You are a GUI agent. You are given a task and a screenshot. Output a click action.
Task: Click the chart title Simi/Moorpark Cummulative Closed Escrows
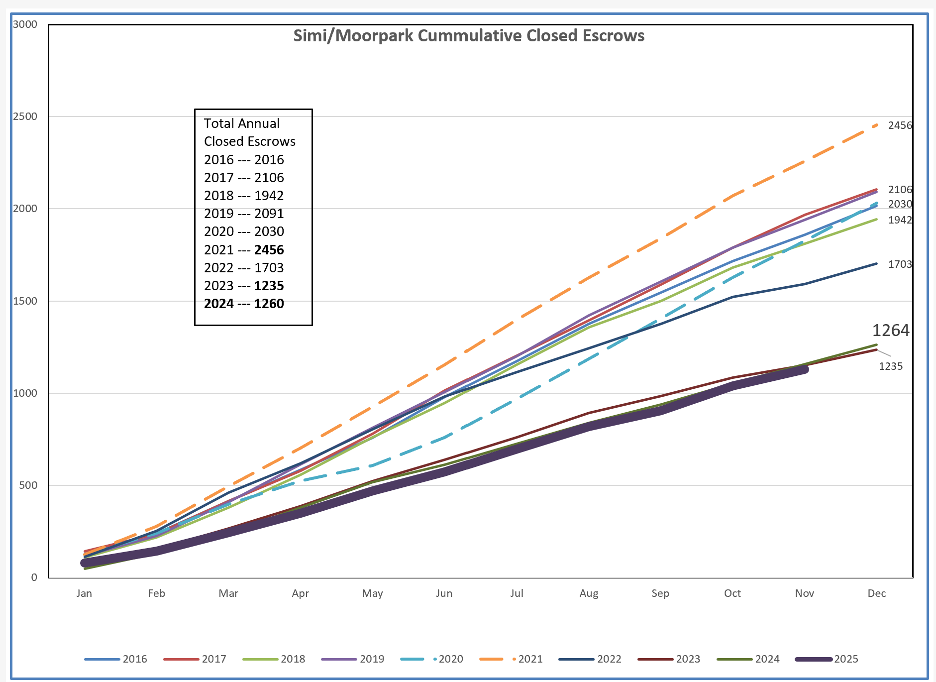468,36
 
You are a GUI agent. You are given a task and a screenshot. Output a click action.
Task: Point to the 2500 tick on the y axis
25,116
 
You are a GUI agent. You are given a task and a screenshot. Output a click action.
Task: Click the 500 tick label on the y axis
28,485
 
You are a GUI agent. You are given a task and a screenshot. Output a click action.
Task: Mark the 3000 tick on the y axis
25,24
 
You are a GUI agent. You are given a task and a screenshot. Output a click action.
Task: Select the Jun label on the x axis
444,593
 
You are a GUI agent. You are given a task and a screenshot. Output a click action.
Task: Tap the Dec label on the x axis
876,593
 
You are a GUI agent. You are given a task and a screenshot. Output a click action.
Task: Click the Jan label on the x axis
84,593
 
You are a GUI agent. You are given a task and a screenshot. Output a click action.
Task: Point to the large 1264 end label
890,331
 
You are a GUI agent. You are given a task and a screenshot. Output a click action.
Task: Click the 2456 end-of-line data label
900,125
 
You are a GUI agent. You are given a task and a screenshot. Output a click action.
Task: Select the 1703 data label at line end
900,264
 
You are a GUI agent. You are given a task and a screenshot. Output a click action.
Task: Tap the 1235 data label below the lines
890,366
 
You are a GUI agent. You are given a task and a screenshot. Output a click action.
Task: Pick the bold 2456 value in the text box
269,250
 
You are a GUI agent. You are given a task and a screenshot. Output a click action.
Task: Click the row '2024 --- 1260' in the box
244,304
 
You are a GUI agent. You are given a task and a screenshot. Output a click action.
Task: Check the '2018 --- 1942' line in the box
244,196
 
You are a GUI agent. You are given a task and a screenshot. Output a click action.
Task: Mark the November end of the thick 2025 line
804,370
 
